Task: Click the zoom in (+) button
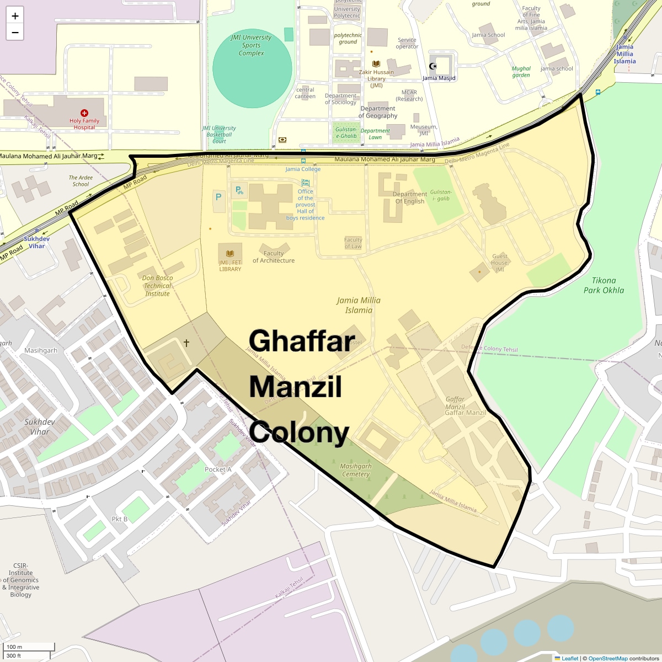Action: pos(15,16)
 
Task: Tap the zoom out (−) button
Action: pos(15,32)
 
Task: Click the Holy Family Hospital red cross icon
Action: pos(84,113)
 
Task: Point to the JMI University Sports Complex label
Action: pos(251,45)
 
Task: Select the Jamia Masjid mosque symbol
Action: pos(434,66)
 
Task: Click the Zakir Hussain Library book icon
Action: pos(376,64)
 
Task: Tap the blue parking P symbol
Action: pos(218,197)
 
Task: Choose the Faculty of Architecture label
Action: pos(274,257)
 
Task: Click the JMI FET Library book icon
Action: pos(230,253)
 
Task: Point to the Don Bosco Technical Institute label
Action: pos(157,286)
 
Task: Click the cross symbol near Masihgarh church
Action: pos(186,343)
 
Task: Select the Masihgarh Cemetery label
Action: pos(356,470)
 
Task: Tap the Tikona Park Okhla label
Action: pos(604,285)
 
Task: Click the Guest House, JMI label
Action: pos(500,263)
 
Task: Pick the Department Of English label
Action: pos(410,197)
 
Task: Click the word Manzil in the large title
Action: pos(296,387)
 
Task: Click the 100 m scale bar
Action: pos(28,647)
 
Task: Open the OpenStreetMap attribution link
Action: pos(608,658)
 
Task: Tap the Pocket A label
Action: pos(218,469)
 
